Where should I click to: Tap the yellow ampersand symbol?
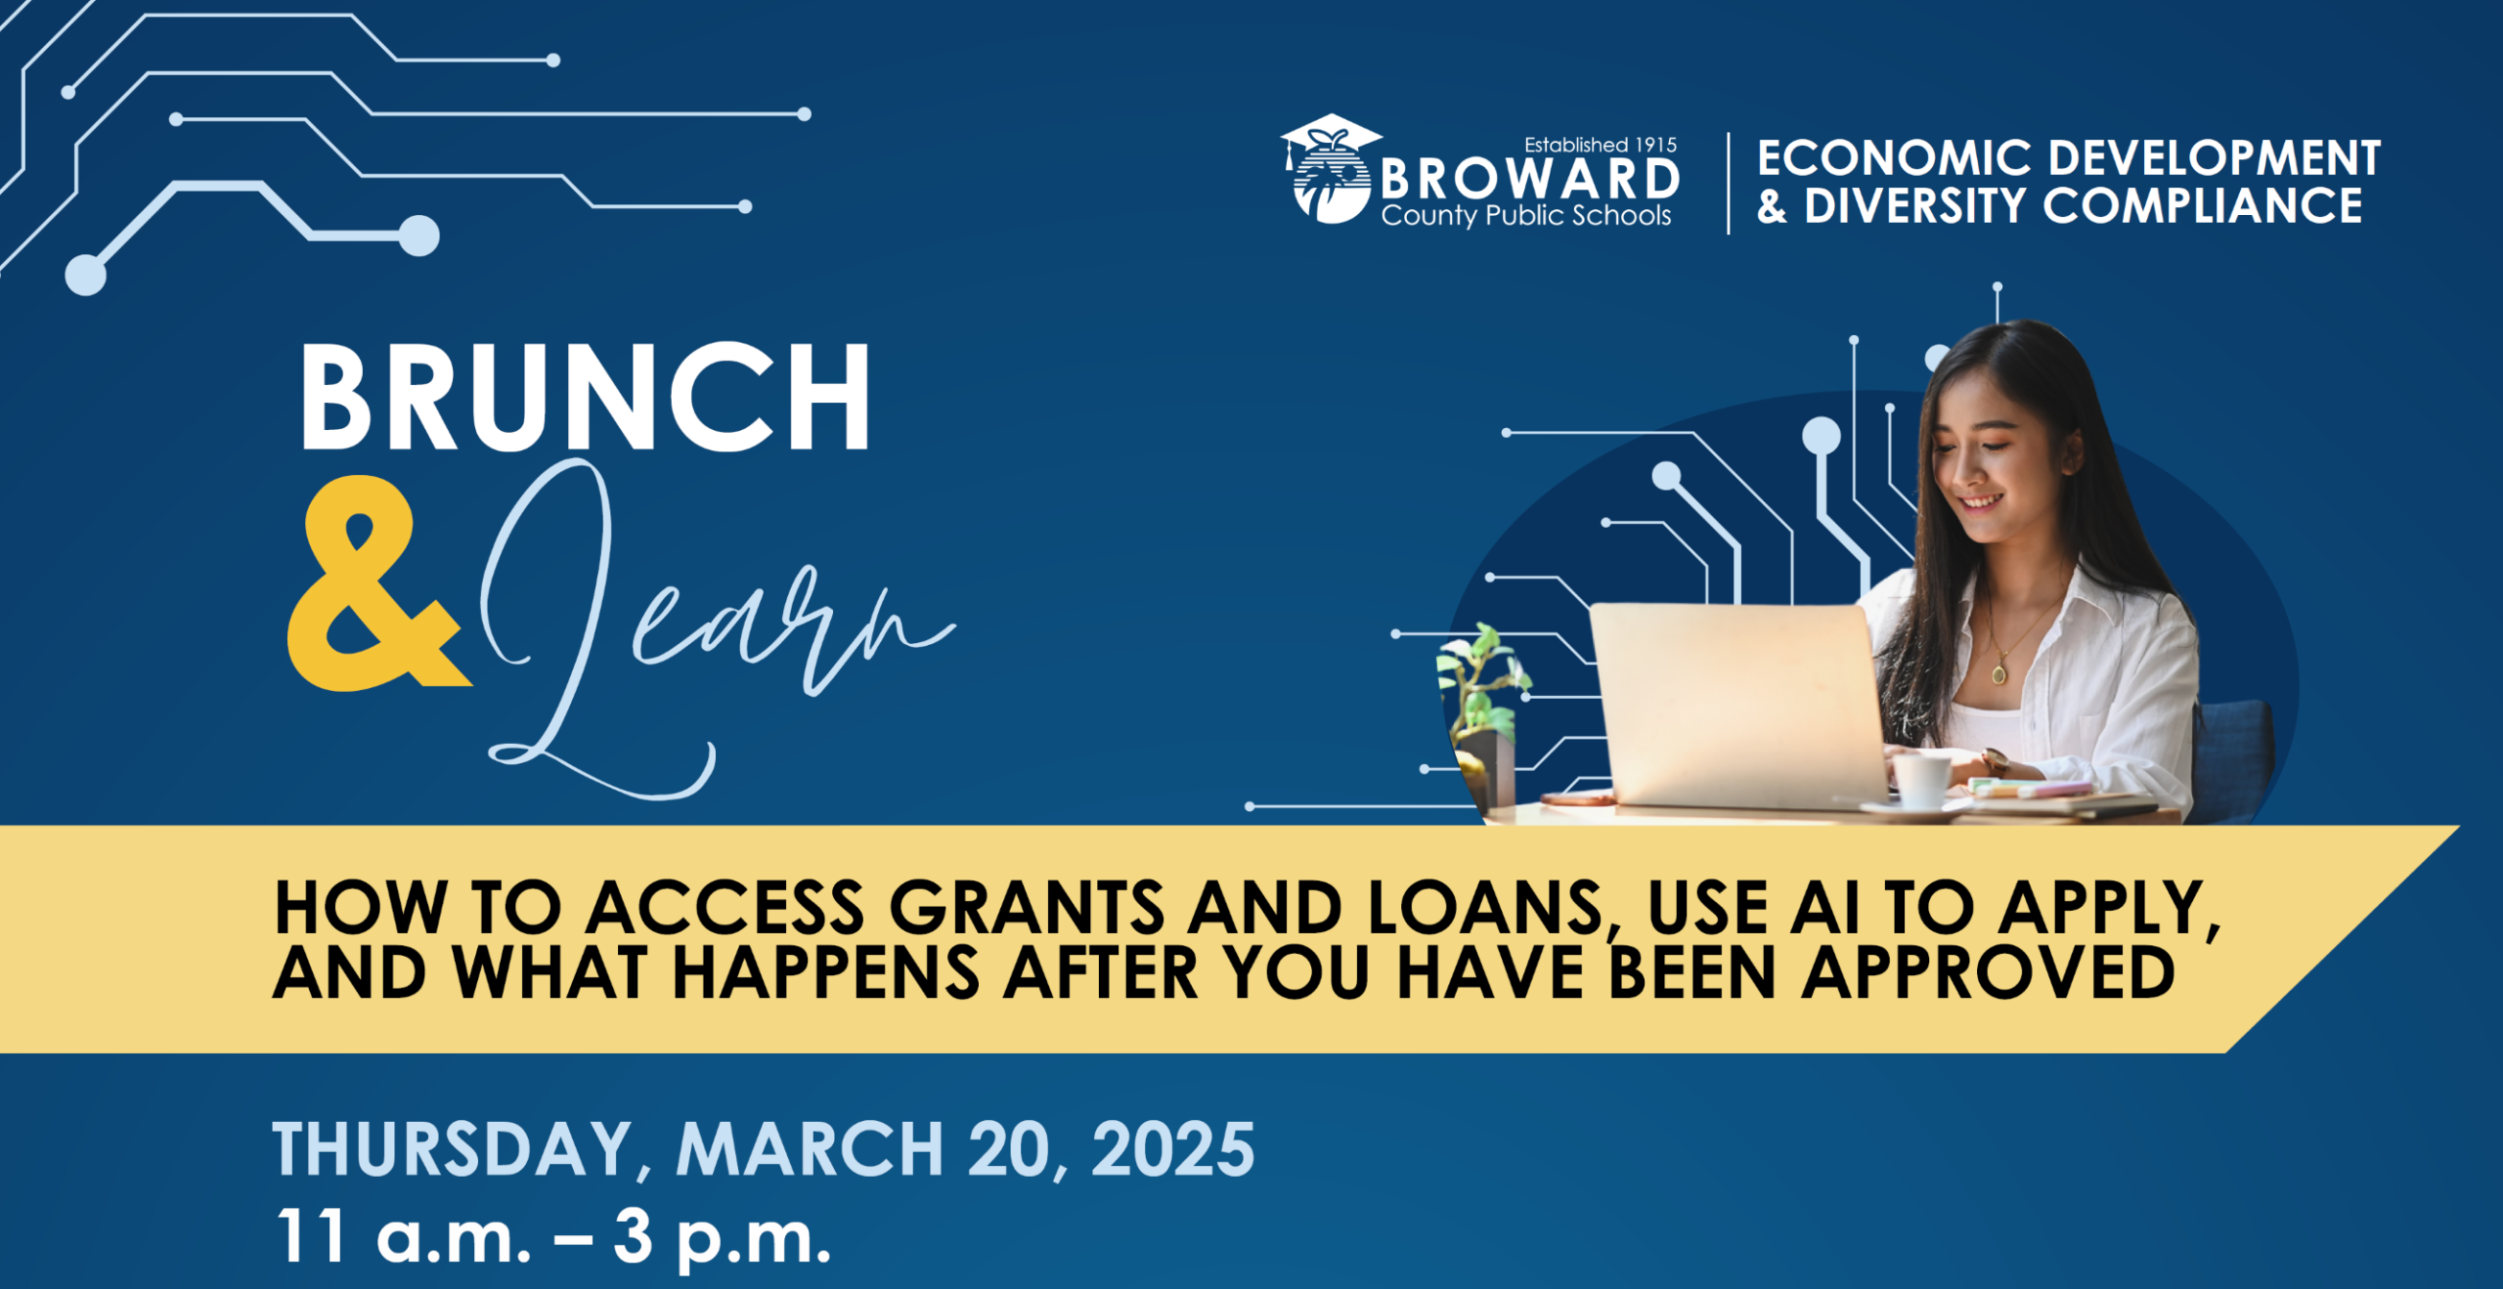coord(376,583)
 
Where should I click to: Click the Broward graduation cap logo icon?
coord(1331,168)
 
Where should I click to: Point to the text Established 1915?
coord(1601,145)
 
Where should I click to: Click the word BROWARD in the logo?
coord(1530,179)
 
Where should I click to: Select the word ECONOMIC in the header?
coord(1894,158)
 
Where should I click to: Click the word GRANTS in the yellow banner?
coord(1027,908)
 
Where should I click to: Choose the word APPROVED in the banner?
coord(1989,972)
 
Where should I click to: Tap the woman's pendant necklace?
coord(1998,672)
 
